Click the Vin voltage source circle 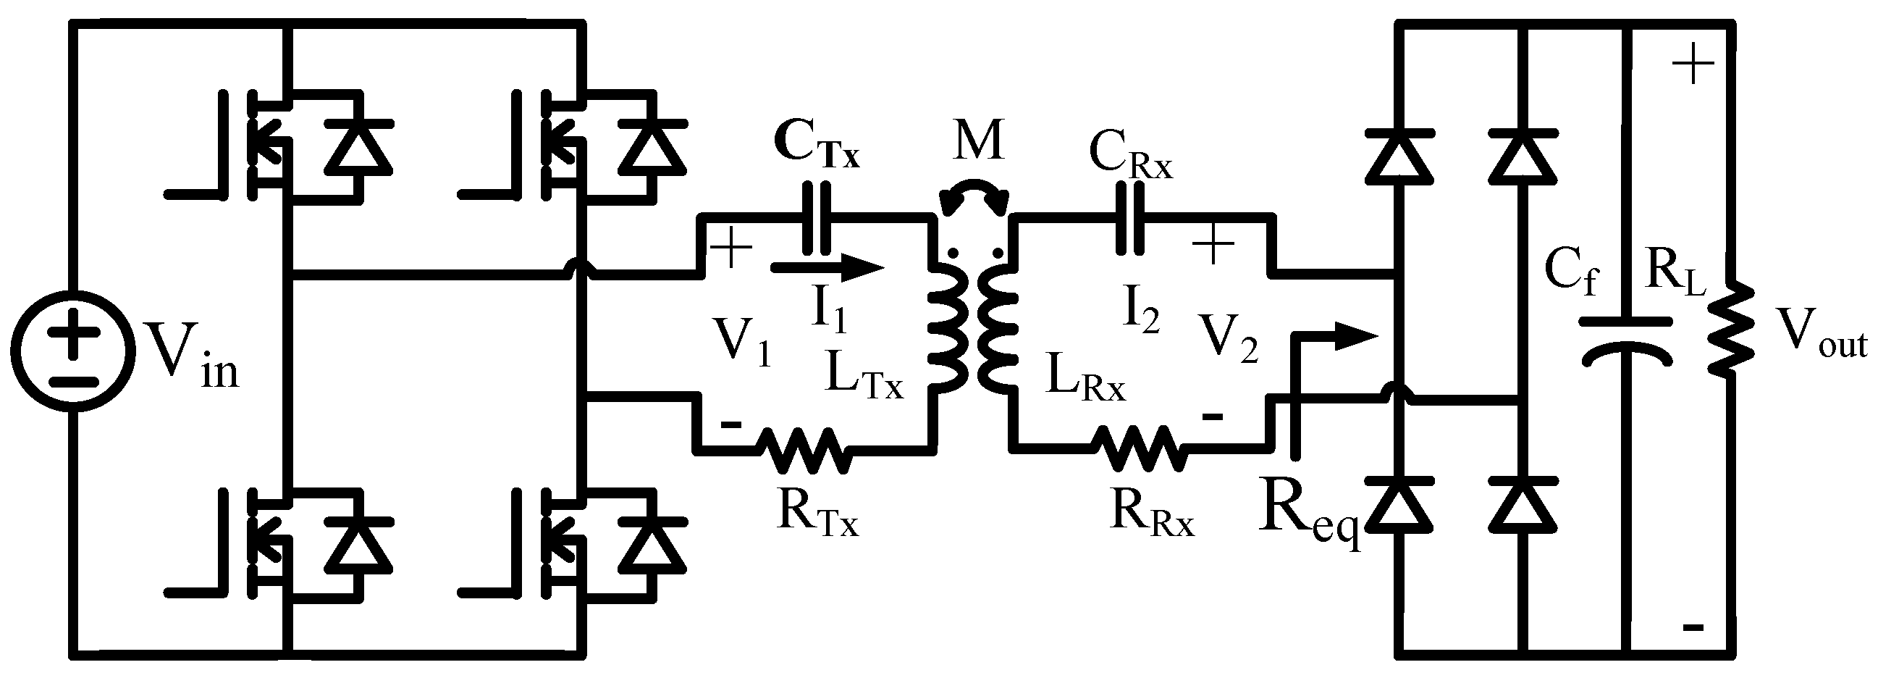pos(73,351)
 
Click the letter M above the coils pos(977,140)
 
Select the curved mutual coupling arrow pos(974,196)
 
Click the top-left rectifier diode pos(1398,154)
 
